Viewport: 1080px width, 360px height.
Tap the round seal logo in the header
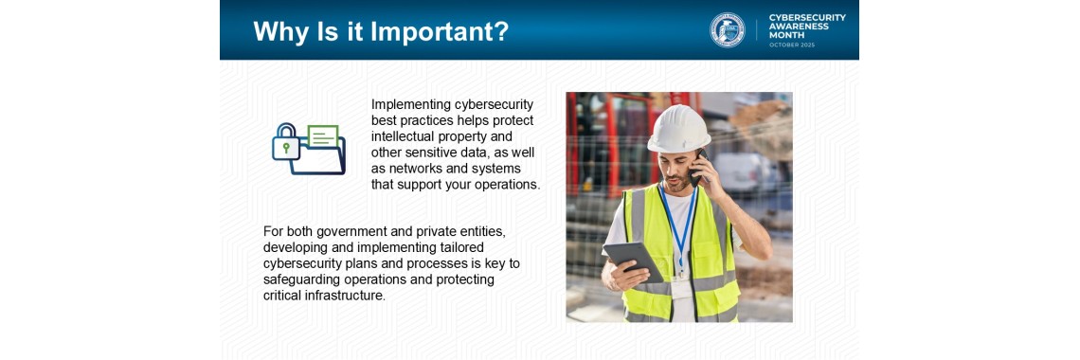728,29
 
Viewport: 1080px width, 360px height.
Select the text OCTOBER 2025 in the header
791,45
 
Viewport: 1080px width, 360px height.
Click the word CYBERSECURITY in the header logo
807,17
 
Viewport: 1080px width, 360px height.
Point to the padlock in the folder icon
285,142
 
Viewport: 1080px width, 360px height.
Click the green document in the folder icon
322,136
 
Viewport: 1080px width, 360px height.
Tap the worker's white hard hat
678,129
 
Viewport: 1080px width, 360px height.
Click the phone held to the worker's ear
700,168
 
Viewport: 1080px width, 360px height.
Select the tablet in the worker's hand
633,261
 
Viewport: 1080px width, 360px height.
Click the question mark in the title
502,31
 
